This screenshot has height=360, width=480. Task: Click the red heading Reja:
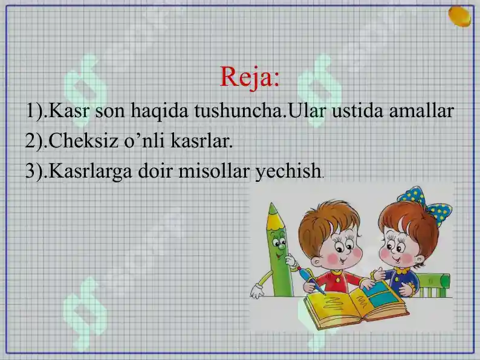click(x=250, y=77)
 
